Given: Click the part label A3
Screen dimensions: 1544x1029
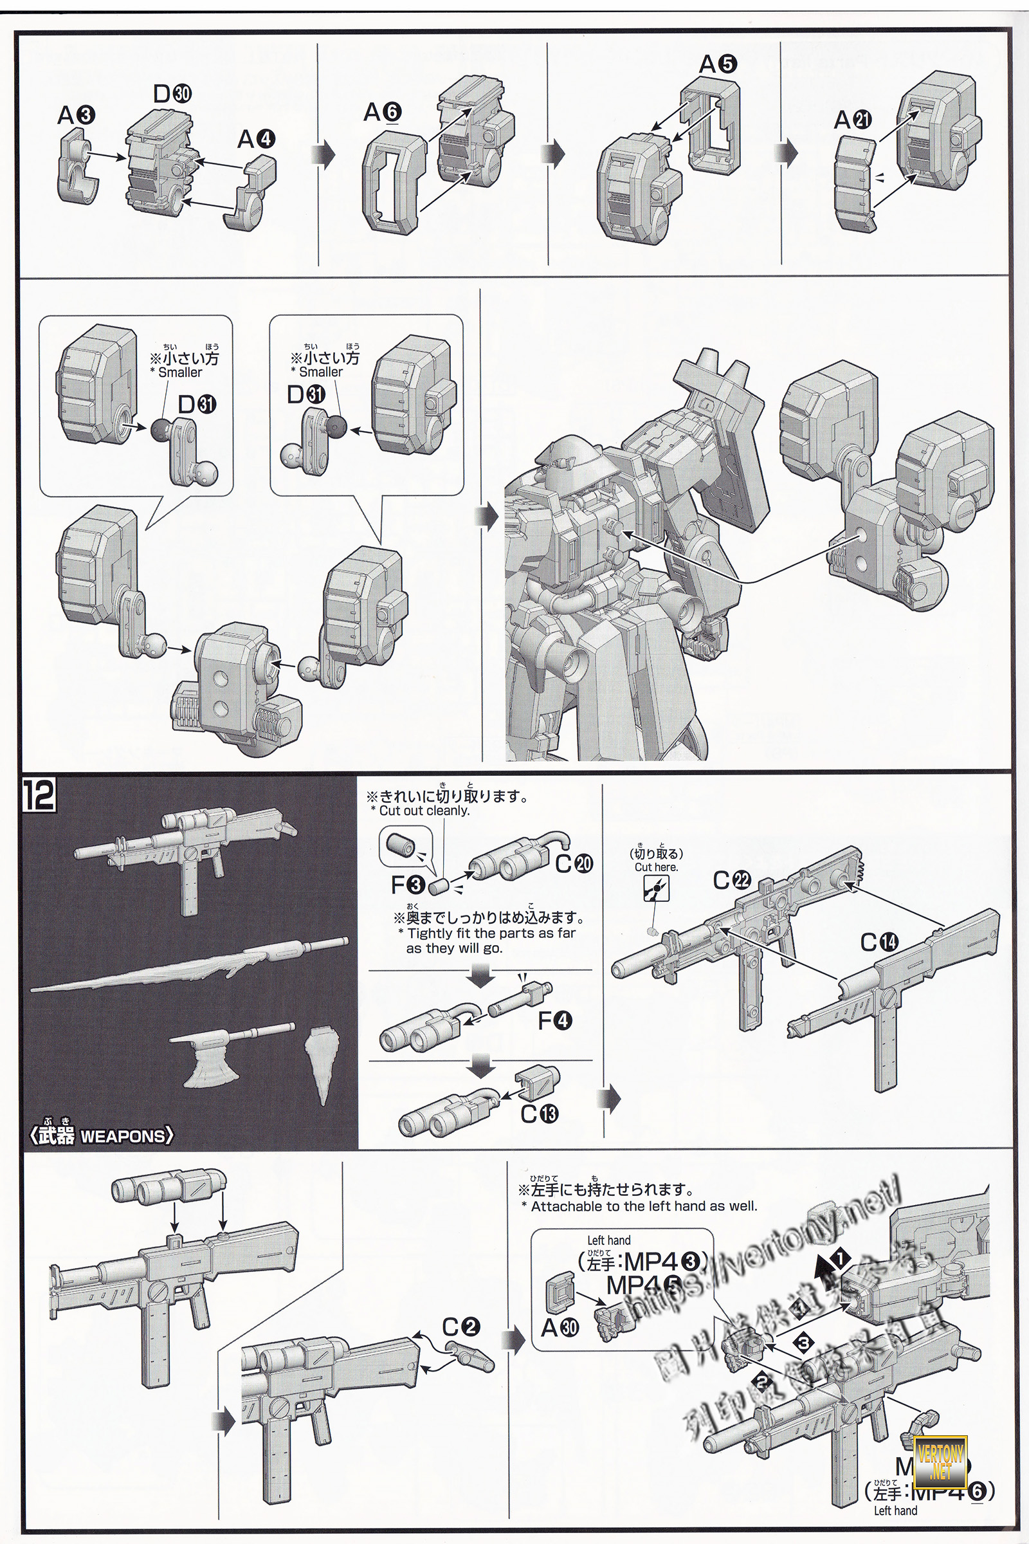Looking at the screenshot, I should click(x=76, y=116).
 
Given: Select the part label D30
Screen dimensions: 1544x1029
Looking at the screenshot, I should click(x=172, y=94).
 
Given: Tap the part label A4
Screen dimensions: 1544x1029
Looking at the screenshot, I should click(x=256, y=139).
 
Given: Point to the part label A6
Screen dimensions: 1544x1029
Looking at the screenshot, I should click(x=383, y=113).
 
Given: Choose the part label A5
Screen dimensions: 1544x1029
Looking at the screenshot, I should click(x=718, y=64).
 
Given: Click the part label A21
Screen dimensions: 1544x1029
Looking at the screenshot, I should click(x=853, y=120).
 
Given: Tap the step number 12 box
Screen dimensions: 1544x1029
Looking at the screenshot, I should click(x=39, y=796).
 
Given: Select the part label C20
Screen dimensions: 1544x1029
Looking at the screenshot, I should click(x=574, y=864).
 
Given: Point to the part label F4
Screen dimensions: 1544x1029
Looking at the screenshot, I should click(x=554, y=1021).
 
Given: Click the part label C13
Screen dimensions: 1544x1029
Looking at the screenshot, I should click(x=539, y=1114).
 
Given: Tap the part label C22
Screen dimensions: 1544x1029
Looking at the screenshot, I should click(x=732, y=880).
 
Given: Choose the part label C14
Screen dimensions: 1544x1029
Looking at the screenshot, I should click(x=879, y=942).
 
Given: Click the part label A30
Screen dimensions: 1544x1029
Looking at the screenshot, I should click(x=560, y=1328).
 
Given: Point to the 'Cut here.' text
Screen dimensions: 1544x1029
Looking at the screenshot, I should click(x=656, y=867).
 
